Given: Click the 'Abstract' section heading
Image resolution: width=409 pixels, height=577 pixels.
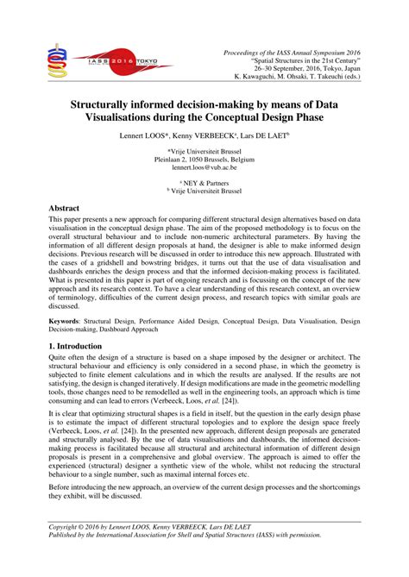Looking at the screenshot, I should pos(67,209).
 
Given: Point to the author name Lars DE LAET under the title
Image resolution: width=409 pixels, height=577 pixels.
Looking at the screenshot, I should pos(261,136).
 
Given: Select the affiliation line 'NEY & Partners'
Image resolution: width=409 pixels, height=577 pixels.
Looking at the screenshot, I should pos(204,182).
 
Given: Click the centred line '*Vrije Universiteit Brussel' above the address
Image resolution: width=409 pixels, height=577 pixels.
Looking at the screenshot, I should pos(204,150).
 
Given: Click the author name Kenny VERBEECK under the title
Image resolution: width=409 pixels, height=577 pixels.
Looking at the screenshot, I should pos(202,136).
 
